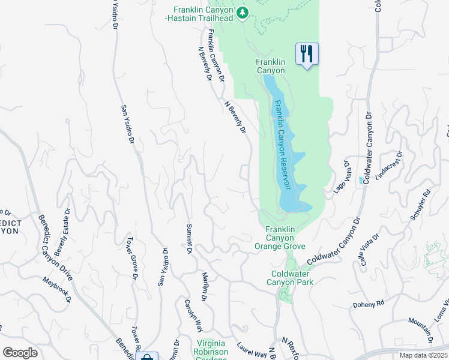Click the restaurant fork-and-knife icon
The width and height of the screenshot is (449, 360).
pyautogui.click(x=307, y=54)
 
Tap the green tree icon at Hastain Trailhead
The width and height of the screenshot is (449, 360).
pyautogui.click(x=242, y=13)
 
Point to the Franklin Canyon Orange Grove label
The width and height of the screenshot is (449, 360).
pyautogui.click(x=280, y=238)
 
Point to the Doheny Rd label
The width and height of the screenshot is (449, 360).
pyautogui.click(x=368, y=304)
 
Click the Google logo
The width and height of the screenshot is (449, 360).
pyautogui.click(x=20, y=353)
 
